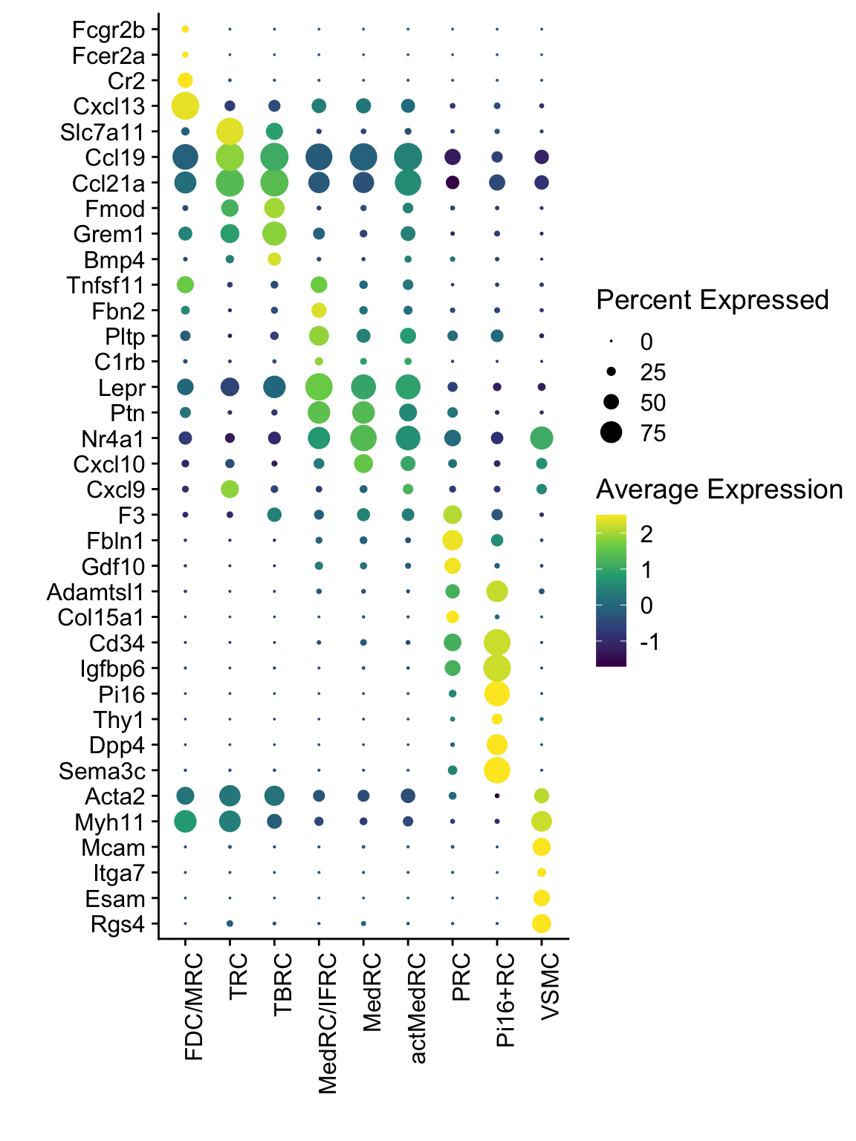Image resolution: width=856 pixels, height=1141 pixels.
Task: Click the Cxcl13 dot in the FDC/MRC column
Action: (185, 105)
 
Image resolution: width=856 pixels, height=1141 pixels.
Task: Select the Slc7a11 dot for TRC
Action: (230, 131)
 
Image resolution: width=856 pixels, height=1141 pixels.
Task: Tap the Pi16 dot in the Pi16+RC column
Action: (497, 694)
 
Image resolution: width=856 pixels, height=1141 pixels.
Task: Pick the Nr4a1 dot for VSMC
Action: (542, 438)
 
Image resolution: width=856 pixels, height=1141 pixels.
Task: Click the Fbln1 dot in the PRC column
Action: (453, 540)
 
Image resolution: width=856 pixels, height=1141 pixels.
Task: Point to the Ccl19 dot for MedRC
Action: (363, 157)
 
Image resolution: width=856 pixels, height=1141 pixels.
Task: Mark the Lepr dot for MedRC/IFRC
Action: (319, 387)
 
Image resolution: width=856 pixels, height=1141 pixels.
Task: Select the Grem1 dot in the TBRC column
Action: (274, 233)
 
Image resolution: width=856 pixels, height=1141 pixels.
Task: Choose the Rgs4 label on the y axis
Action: (117, 925)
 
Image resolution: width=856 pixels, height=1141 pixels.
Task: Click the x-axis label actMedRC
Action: (418, 1008)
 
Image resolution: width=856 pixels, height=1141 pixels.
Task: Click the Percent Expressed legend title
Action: (712, 300)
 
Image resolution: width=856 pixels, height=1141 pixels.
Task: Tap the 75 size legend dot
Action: (612, 432)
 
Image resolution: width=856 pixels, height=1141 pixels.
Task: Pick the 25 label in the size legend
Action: (653, 372)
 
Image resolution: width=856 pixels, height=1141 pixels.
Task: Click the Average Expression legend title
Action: (719, 490)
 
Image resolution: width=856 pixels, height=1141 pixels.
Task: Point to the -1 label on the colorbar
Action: (650, 643)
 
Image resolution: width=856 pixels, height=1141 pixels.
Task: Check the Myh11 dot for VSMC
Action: (542, 822)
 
